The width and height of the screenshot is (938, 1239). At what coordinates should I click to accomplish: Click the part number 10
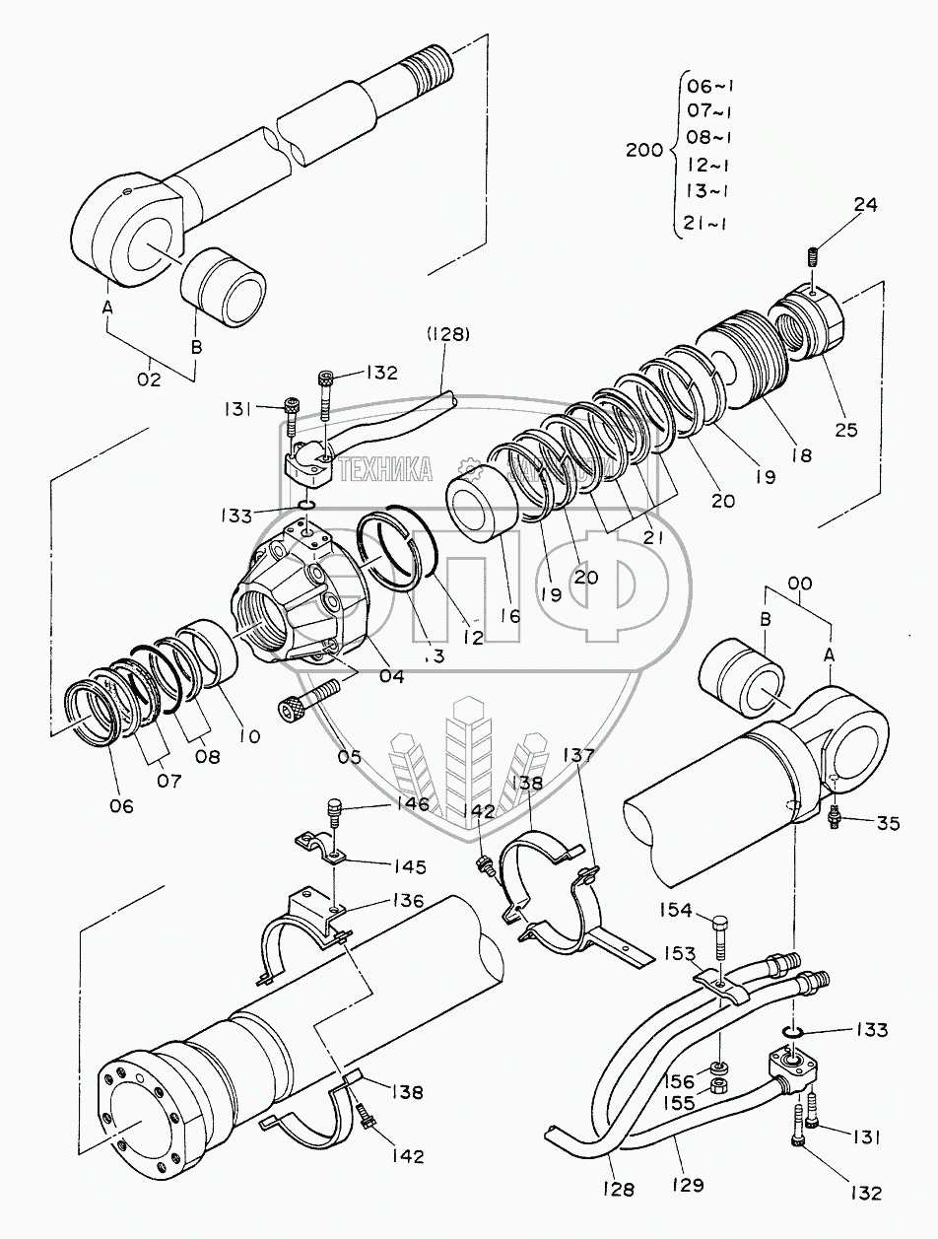(249, 735)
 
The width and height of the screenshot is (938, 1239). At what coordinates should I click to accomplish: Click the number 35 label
(888, 824)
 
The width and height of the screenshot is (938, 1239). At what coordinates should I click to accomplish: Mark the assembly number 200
(644, 151)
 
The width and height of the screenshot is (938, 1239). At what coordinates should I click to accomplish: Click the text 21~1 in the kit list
(705, 224)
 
